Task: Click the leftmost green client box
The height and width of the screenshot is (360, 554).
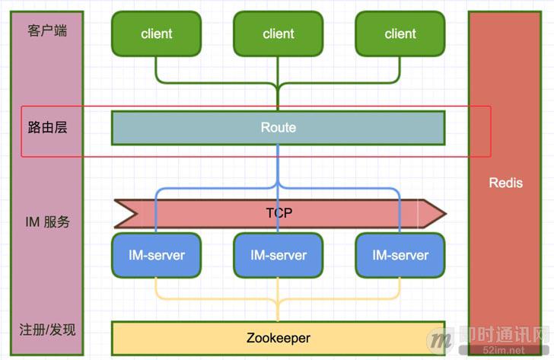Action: tap(157, 34)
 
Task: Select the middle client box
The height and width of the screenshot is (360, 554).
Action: tap(278, 34)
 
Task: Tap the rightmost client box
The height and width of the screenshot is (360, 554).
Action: tap(400, 34)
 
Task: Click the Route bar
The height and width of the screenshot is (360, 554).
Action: tap(278, 128)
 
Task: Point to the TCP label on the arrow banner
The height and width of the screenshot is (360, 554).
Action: tap(279, 213)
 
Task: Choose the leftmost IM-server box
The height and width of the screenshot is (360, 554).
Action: tap(157, 255)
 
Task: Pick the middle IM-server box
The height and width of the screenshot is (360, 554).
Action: tap(278, 255)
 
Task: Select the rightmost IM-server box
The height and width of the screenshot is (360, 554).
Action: tap(400, 255)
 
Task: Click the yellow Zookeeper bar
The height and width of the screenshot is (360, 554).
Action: tap(278, 338)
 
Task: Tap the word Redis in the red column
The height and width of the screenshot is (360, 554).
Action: tap(505, 183)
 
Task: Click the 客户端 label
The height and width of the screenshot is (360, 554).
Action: tap(47, 30)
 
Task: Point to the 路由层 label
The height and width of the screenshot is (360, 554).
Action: tap(47, 127)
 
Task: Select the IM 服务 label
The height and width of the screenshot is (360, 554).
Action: tap(47, 222)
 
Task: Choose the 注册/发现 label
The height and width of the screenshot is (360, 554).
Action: tap(47, 330)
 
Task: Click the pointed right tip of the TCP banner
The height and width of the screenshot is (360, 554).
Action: tap(446, 213)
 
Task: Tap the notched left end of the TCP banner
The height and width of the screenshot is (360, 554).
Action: tap(136, 213)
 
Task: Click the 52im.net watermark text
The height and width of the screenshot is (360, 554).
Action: tap(504, 350)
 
